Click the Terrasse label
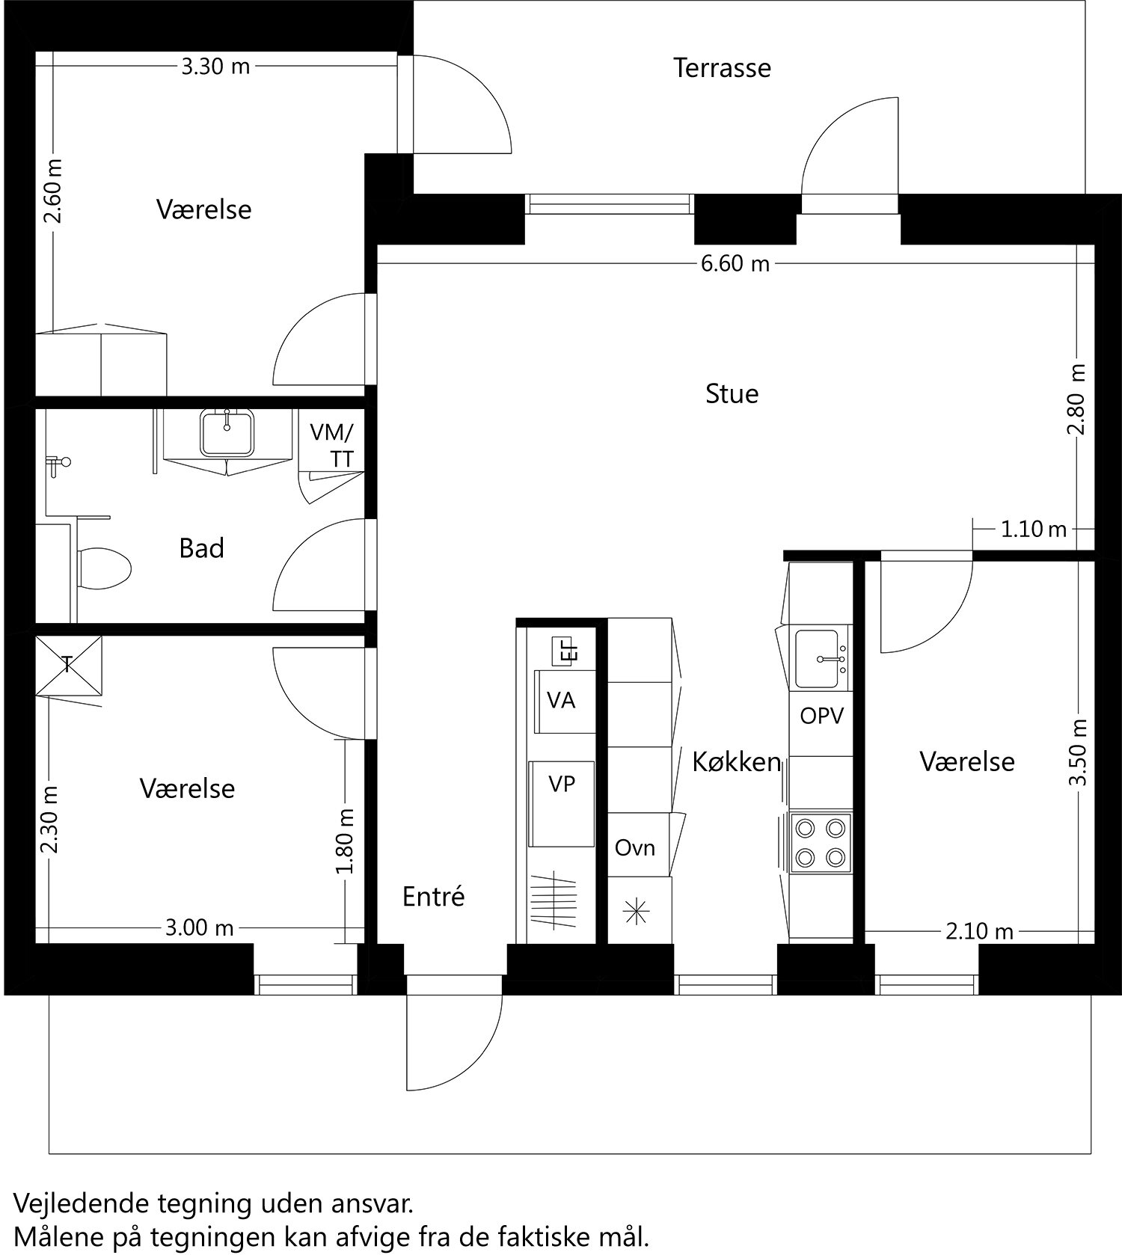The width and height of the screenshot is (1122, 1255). click(721, 68)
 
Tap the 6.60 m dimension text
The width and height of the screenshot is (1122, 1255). click(735, 264)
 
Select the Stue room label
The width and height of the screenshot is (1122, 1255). click(732, 393)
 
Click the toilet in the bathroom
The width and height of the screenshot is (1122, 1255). click(104, 568)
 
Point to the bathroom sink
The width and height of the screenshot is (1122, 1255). click(227, 433)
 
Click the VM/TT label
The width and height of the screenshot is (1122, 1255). click(333, 445)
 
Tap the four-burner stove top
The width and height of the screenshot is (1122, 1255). click(821, 842)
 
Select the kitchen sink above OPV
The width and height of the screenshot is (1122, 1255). click(821, 659)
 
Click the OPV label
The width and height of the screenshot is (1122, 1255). click(821, 716)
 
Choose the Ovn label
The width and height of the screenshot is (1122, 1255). click(634, 847)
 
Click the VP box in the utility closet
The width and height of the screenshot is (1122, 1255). click(562, 784)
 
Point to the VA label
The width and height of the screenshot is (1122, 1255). click(561, 701)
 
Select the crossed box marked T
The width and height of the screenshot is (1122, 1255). click(68, 665)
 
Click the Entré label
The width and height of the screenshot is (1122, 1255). click(433, 896)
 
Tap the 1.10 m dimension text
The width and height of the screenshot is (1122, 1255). click(1033, 530)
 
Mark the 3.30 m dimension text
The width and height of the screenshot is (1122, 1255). click(215, 67)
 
